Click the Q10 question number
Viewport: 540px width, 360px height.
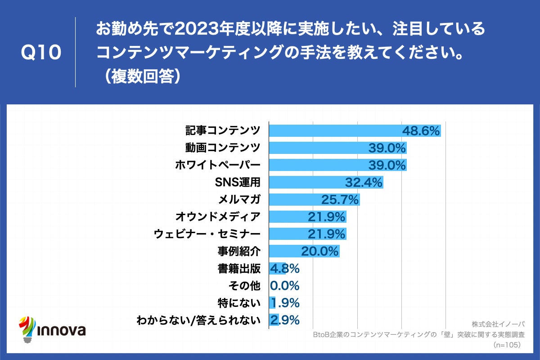pos(41,53)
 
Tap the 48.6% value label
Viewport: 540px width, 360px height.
pos(420,131)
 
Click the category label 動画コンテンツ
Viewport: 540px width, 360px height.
pos(223,148)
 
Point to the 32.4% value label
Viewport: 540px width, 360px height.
pos(364,182)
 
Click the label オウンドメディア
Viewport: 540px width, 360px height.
pos(218,217)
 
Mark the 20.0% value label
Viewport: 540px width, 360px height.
pos(319,251)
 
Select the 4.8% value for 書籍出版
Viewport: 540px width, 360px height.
pos(284,269)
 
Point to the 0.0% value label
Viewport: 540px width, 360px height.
pos(284,286)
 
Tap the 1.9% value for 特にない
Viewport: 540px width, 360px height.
pos(284,303)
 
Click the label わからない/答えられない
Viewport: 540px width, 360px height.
pos(198,320)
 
